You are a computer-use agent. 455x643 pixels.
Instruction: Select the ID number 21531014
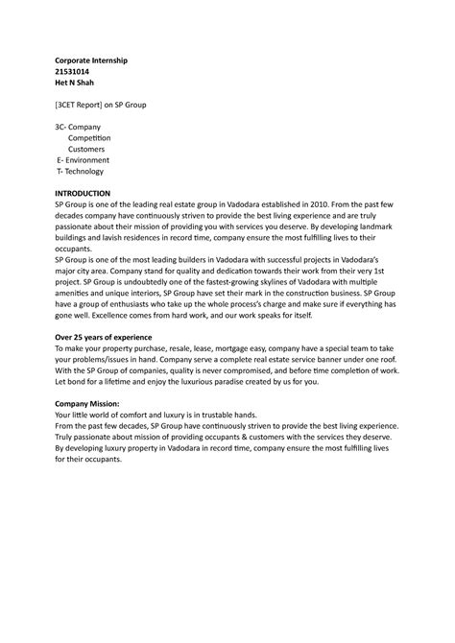(x=75, y=72)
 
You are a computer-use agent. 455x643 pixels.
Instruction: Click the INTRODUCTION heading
(x=83, y=193)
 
